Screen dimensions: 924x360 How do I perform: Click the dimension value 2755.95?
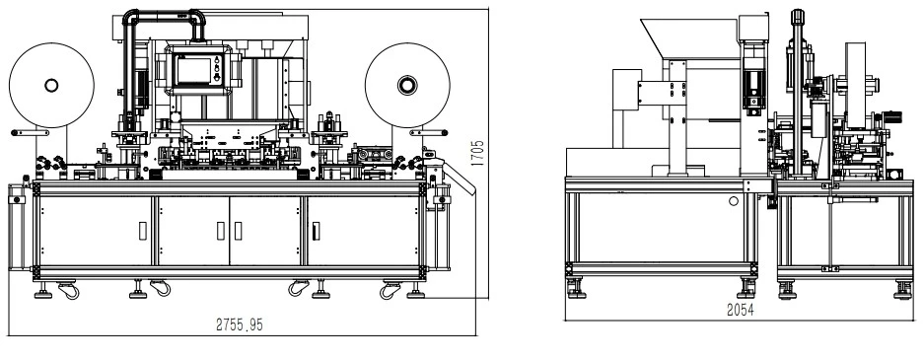[x=240, y=324]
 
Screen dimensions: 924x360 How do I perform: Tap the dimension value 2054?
[x=741, y=310]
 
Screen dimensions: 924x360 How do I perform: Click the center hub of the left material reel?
[x=51, y=86]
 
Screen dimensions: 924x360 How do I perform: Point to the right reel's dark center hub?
[x=407, y=85]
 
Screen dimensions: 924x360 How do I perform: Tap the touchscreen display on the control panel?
[x=194, y=71]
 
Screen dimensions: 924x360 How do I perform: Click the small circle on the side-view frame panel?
[x=734, y=201]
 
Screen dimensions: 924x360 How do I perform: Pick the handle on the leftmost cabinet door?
[x=143, y=231]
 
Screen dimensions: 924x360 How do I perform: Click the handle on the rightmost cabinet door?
[x=316, y=231]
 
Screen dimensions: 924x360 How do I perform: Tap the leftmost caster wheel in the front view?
[x=68, y=290]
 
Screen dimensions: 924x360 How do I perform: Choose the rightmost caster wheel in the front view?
[x=391, y=290]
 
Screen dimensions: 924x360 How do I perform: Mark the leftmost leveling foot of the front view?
[x=43, y=291]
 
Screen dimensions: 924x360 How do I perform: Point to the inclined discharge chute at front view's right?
[x=459, y=178]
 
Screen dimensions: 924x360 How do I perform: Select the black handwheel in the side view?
[x=895, y=117]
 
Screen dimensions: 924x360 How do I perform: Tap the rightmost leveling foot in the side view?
[x=902, y=291]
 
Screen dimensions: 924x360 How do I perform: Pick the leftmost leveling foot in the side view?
[x=576, y=290]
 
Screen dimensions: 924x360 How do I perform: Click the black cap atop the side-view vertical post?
[x=799, y=16]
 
